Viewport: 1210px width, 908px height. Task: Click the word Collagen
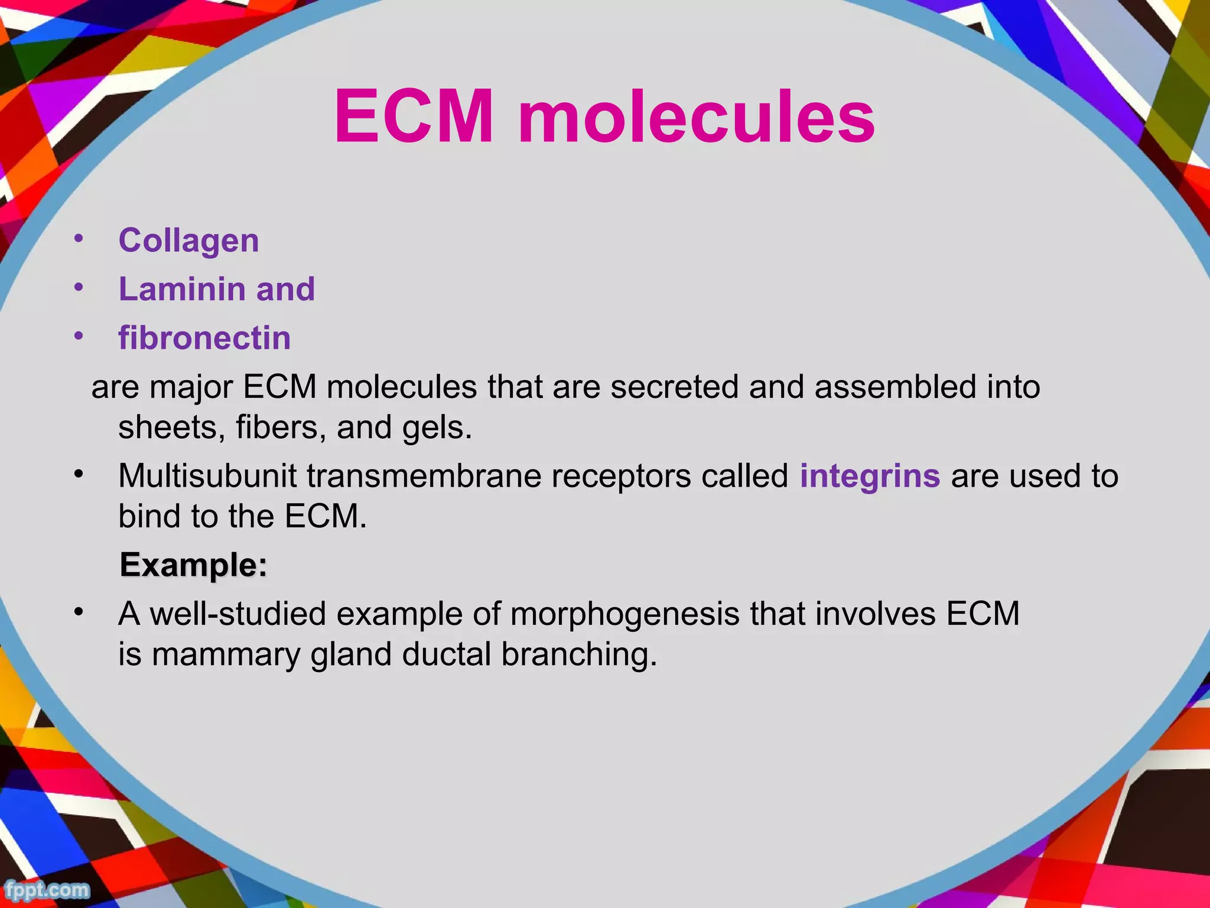click(188, 241)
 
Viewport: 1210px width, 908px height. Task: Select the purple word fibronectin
click(204, 338)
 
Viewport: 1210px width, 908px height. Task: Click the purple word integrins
click(870, 476)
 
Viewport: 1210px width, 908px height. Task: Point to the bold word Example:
click(193, 565)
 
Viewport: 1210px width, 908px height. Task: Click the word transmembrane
click(424, 476)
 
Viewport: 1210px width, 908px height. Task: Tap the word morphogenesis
click(624, 614)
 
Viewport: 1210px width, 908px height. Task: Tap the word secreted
click(674, 388)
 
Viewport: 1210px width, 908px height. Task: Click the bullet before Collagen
click(79, 239)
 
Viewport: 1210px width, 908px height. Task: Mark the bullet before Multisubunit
click(79, 475)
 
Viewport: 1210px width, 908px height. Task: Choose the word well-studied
click(238, 614)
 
